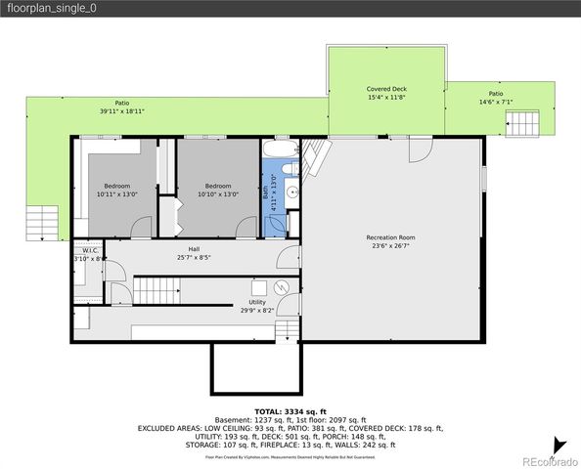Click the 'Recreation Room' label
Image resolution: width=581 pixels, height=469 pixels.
(x=390, y=237)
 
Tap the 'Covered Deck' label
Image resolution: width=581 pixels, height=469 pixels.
(x=385, y=89)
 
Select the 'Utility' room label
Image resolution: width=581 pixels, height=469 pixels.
(x=257, y=302)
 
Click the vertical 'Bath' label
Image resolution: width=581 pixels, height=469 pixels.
(x=266, y=193)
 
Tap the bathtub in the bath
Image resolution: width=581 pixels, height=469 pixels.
(x=280, y=150)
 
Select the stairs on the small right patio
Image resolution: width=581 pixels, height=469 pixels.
(x=521, y=123)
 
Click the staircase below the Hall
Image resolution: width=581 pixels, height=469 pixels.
(x=157, y=289)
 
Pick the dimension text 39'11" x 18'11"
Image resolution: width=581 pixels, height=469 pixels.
(x=121, y=111)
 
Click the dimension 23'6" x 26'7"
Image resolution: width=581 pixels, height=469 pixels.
(x=390, y=246)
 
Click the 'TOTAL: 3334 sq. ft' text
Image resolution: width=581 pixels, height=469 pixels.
(x=290, y=411)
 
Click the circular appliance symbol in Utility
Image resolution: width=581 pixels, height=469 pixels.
(x=281, y=288)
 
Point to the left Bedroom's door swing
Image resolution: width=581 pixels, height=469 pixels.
(x=140, y=227)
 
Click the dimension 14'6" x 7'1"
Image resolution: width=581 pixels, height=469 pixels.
(x=496, y=102)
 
